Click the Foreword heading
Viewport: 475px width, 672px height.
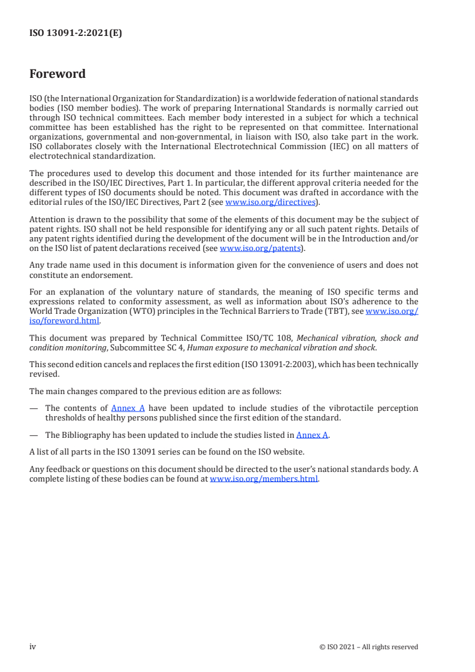pos(58,74)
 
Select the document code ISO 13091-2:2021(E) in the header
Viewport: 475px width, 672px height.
pos(75,34)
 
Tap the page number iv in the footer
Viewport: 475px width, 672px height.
pos(33,646)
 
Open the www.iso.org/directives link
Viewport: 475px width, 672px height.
pos(270,202)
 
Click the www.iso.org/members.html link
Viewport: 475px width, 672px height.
pos(264,479)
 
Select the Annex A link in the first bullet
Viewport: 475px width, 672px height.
pos(128,408)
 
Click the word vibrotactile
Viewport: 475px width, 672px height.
pos(333,408)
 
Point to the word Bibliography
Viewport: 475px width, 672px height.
pos(83,435)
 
